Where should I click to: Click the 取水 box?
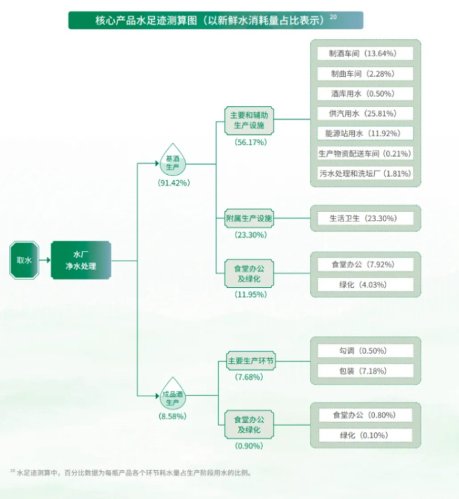pos(24,260)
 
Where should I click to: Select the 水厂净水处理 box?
pos(81,260)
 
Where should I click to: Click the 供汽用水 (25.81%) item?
pos(365,113)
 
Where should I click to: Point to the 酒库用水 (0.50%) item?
pos(365,94)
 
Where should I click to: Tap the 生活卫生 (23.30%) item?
pos(365,218)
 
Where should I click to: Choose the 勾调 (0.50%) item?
pos(365,351)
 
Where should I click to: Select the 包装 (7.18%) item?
pos(365,371)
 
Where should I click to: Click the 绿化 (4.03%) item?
pos(365,285)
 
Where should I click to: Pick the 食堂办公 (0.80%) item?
pos(365,415)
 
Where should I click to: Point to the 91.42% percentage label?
pos(173,183)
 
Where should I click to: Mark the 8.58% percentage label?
pos(173,416)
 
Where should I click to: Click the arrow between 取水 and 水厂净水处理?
pos(44,260)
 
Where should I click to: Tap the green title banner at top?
pos(216,20)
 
